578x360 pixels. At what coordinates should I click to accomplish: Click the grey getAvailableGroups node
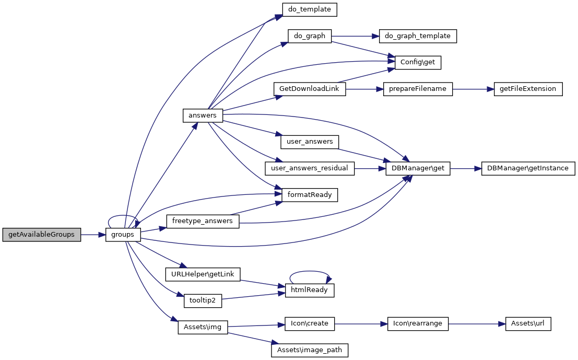(42, 235)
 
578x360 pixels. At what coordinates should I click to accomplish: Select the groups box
(123, 235)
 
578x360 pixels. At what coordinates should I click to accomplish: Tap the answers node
(203, 115)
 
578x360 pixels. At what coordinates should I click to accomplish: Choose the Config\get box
(418, 62)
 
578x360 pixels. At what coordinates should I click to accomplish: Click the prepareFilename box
(418, 88)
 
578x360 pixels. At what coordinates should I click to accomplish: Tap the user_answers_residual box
(310, 168)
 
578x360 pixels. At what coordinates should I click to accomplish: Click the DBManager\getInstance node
(528, 168)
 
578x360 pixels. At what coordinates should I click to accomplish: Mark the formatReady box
(310, 195)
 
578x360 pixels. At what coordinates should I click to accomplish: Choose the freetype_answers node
(203, 221)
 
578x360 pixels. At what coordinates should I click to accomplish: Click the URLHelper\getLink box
(203, 274)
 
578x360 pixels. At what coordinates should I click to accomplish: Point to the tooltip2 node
(203, 300)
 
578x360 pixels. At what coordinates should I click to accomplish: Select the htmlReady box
(310, 290)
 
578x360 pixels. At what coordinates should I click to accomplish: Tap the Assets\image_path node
(310, 350)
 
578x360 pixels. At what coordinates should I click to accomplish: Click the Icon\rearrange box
(418, 323)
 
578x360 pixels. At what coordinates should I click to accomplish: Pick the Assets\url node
(528, 323)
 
